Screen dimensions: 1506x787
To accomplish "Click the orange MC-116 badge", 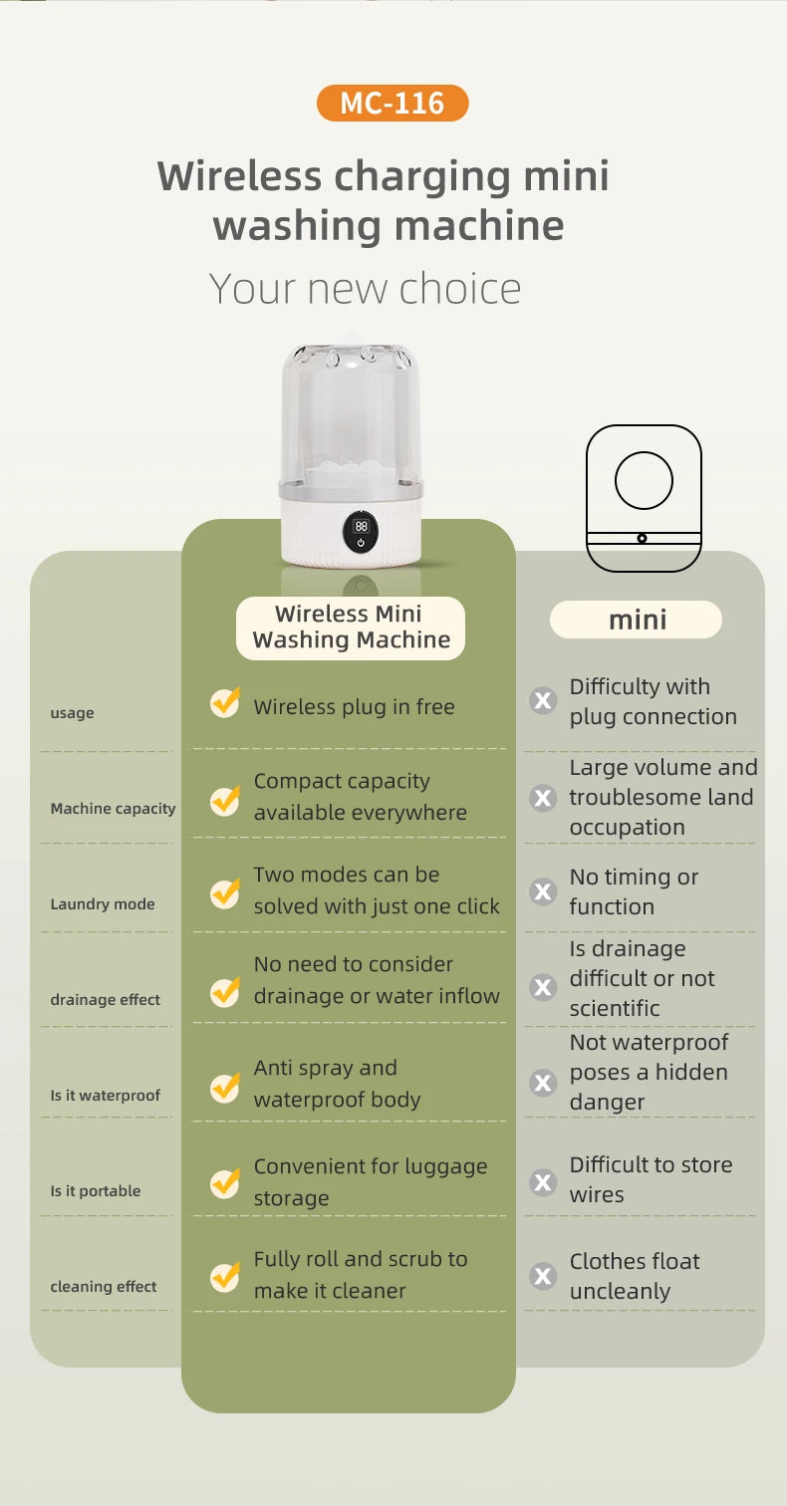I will pos(393,104).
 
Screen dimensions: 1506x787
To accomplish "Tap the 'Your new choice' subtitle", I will pos(365,289).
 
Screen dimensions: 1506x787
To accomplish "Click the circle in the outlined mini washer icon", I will pos(644,480).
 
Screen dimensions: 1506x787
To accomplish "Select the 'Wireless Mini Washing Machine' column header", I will pos(350,627).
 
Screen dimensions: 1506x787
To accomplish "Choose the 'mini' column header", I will pos(637,620).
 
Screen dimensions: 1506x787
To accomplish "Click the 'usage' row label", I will pos(72,713).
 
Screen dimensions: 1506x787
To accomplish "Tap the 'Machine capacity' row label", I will pos(113,809).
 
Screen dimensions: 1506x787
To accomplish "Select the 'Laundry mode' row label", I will pos(103,904).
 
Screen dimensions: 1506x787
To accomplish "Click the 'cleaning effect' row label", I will pos(104,1287).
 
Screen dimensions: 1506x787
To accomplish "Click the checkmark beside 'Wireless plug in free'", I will pos(225,703).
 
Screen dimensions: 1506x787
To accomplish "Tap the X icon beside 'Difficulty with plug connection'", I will pos(543,701).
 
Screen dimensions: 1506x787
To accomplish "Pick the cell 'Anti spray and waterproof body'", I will pos(337,1084).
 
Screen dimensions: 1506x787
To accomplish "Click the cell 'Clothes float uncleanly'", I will pos(635,1276).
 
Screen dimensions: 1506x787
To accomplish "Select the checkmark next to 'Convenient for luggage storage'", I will pos(225,1182).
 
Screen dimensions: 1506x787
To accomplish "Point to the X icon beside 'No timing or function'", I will pos(543,891).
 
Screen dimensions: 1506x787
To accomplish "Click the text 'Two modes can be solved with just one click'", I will pos(376,890).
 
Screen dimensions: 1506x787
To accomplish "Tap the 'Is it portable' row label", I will pos(96,1191).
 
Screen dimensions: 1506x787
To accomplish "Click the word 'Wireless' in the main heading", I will pos(239,177).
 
